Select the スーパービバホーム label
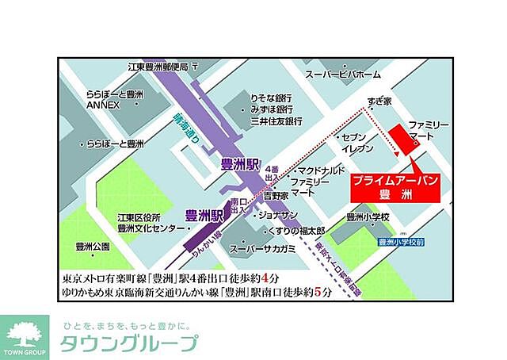pyautogui.click(x=343, y=74)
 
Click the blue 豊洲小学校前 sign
pyautogui.click(x=401, y=241)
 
